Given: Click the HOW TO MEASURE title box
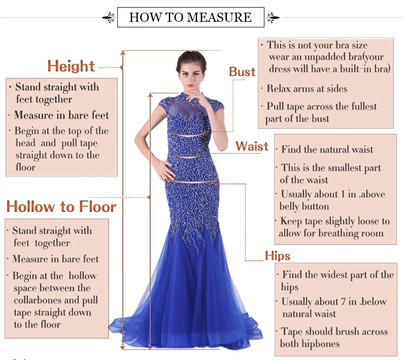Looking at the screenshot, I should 190,17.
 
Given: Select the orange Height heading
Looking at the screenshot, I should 71,66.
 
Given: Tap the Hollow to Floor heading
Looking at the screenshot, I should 61,206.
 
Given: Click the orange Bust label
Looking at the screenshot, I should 242,71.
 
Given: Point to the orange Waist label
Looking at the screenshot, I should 252,147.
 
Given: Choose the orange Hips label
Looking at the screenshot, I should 278,255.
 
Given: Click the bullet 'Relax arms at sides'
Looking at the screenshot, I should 307,89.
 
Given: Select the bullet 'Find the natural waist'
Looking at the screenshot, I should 327,150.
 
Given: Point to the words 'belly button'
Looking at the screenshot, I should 304,206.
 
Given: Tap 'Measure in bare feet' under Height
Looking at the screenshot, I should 61,115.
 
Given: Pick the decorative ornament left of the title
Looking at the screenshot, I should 109,18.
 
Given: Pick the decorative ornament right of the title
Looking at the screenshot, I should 273,18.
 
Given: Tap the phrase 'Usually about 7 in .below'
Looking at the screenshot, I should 334,302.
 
